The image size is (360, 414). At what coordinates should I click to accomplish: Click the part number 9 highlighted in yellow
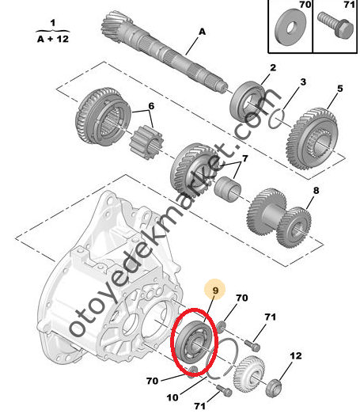(215, 291)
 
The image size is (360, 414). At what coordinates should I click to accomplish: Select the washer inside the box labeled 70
(290, 27)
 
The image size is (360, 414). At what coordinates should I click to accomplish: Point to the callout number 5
(340, 89)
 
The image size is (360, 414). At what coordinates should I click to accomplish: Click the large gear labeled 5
(312, 138)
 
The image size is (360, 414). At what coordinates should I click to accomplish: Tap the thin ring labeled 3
(276, 119)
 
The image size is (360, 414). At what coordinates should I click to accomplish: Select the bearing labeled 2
(248, 101)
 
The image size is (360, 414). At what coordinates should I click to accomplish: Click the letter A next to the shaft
(202, 32)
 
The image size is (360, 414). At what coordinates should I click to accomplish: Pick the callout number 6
(151, 106)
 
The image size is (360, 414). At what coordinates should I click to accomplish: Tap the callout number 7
(245, 158)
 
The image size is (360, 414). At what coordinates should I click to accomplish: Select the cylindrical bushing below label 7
(228, 189)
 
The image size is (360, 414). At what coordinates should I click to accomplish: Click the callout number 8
(316, 190)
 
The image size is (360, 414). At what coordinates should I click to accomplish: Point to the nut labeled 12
(273, 388)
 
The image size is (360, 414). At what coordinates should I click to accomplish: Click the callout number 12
(296, 355)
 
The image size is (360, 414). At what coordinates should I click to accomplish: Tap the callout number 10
(172, 397)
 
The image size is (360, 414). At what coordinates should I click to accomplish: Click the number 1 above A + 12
(53, 23)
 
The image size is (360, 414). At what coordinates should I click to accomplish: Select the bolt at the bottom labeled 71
(224, 391)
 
